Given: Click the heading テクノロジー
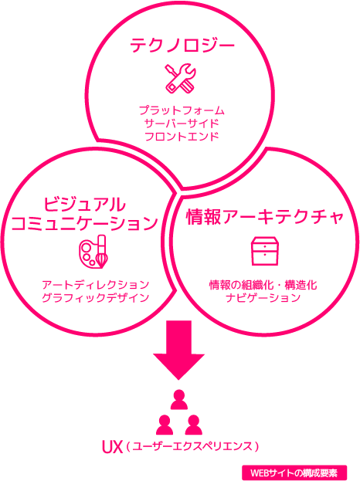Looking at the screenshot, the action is (x=182, y=46).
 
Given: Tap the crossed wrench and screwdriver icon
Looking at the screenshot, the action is (x=180, y=78).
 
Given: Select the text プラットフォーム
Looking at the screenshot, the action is (x=182, y=110).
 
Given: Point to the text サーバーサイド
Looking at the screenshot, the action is (x=182, y=124).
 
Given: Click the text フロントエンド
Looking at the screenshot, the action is (x=182, y=137).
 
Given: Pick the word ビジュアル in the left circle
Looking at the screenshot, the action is (x=85, y=205).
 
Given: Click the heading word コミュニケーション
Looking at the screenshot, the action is (x=84, y=223).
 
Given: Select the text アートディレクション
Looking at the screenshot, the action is (x=96, y=285).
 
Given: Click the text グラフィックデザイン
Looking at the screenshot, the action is (x=96, y=298).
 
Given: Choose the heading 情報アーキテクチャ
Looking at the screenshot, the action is (x=264, y=217).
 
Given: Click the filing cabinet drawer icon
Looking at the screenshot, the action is (x=265, y=251).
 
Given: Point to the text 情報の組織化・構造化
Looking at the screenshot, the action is (x=263, y=285).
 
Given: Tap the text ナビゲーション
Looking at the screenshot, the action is (x=263, y=298).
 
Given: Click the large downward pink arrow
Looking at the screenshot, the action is (x=179, y=350).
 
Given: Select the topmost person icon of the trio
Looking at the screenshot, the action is (x=179, y=399).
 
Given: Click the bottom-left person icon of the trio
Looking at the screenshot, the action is (x=165, y=425).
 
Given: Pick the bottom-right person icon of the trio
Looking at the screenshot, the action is (x=193, y=425).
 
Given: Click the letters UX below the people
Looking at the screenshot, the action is (x=112, y=447).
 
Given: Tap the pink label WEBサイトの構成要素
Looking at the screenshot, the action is (x=294, y=473).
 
